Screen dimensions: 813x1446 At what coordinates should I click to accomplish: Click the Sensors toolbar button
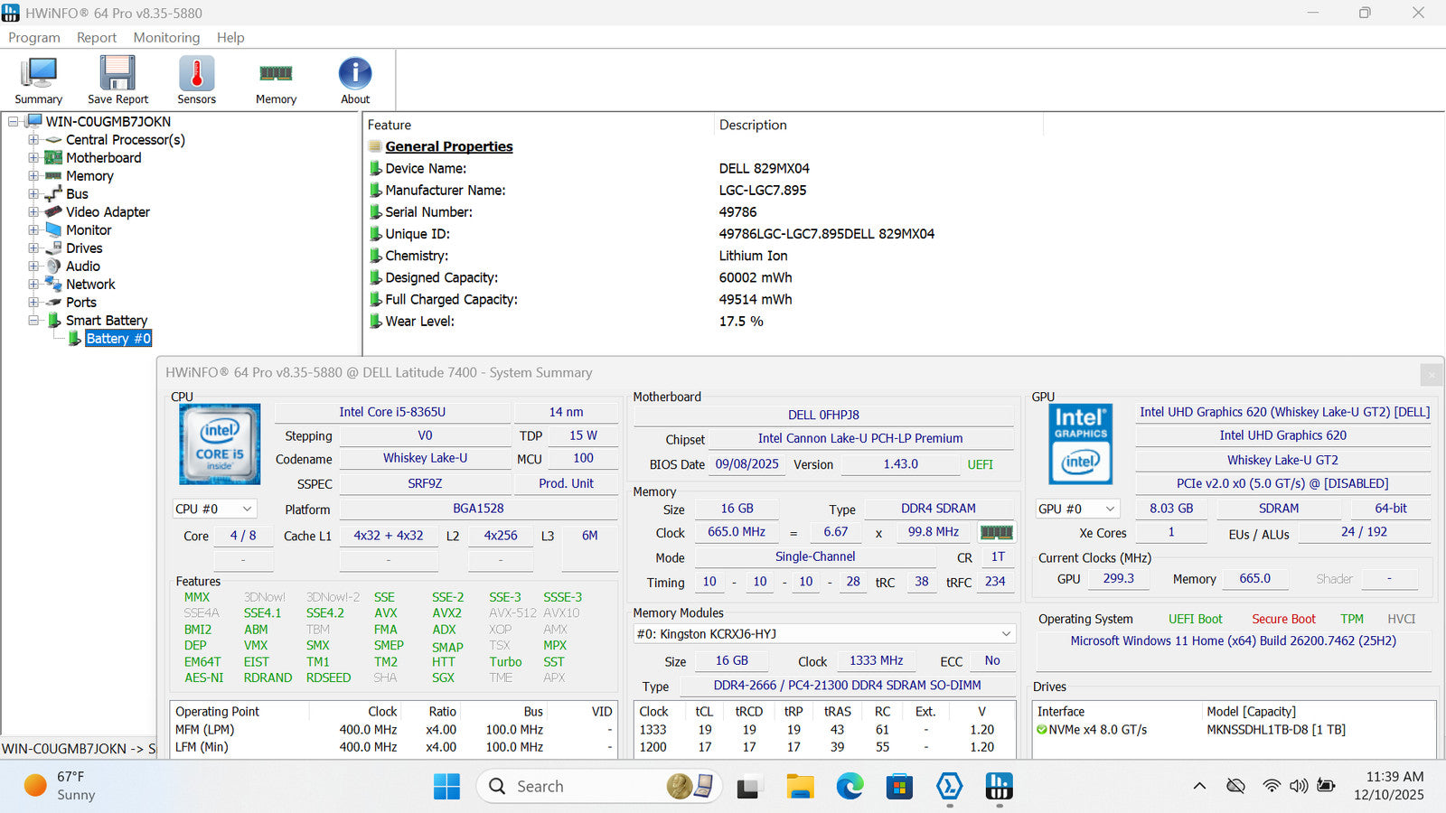tap(196, 79)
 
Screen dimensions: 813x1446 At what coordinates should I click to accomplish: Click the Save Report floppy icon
tap(117, 73)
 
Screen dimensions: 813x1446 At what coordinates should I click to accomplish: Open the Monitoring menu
tap(166, 37)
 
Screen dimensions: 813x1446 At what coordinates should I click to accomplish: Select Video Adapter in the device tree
tap(108, 211)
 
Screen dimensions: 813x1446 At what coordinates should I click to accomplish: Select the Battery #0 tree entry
tap(117, 338)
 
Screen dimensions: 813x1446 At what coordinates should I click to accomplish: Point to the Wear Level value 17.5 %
tap(741, 321)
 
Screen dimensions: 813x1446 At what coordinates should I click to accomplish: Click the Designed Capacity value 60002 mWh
tap(756, 277)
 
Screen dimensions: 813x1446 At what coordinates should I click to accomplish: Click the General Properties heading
tap(448, 146)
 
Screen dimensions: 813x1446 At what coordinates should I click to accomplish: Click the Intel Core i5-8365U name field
tap(392, 412)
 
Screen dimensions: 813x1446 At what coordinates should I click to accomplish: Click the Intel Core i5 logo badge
tap(220, 444)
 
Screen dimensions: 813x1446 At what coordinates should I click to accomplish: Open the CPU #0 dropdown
tap(215, 509)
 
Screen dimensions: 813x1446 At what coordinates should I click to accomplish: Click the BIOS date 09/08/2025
tap(746, 463)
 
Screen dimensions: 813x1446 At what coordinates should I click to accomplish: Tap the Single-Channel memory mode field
tap(814, 556)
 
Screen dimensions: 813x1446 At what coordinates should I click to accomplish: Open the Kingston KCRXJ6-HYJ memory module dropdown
tap(823, 633)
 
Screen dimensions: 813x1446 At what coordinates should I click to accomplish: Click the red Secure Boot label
tap(1283, 619)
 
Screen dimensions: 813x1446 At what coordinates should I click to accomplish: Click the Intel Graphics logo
tap(1080, 444)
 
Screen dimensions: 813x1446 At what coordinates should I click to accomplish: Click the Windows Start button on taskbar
tap(446, 786)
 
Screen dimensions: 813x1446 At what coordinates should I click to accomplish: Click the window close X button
tap(1418, 13)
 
